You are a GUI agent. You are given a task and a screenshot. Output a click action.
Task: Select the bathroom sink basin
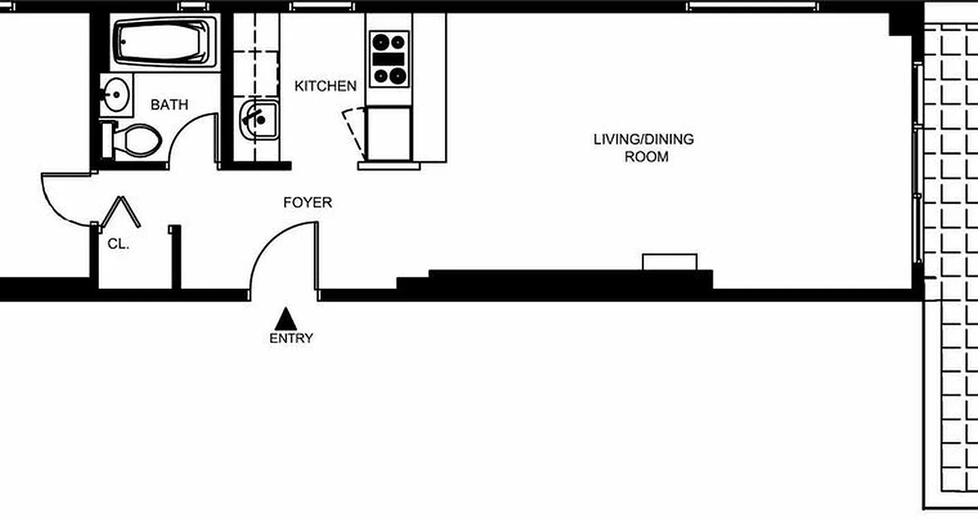click(116, 95)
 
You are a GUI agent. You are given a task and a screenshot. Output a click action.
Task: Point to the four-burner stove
click(389, 59)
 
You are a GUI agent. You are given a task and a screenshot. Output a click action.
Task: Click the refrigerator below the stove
click(389, 134)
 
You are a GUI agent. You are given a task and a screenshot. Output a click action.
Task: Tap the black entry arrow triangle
click(286, 319)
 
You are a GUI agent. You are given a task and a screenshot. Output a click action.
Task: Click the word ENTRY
click(291, 338)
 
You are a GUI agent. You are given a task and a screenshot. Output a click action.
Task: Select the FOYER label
click(307, 203)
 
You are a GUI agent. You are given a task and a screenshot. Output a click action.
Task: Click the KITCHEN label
click(325, 86)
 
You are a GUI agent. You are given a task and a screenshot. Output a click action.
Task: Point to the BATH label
click(170, 104)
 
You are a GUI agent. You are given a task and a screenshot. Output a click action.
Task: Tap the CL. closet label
click(119, 245)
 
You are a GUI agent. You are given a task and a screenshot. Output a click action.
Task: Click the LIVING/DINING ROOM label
click(643, 148)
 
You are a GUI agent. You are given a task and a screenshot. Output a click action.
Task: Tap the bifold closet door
click(120, 211)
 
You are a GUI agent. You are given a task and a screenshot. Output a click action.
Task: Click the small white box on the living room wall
click(670, 262)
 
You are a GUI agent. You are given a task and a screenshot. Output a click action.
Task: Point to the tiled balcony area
click(951, 261)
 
